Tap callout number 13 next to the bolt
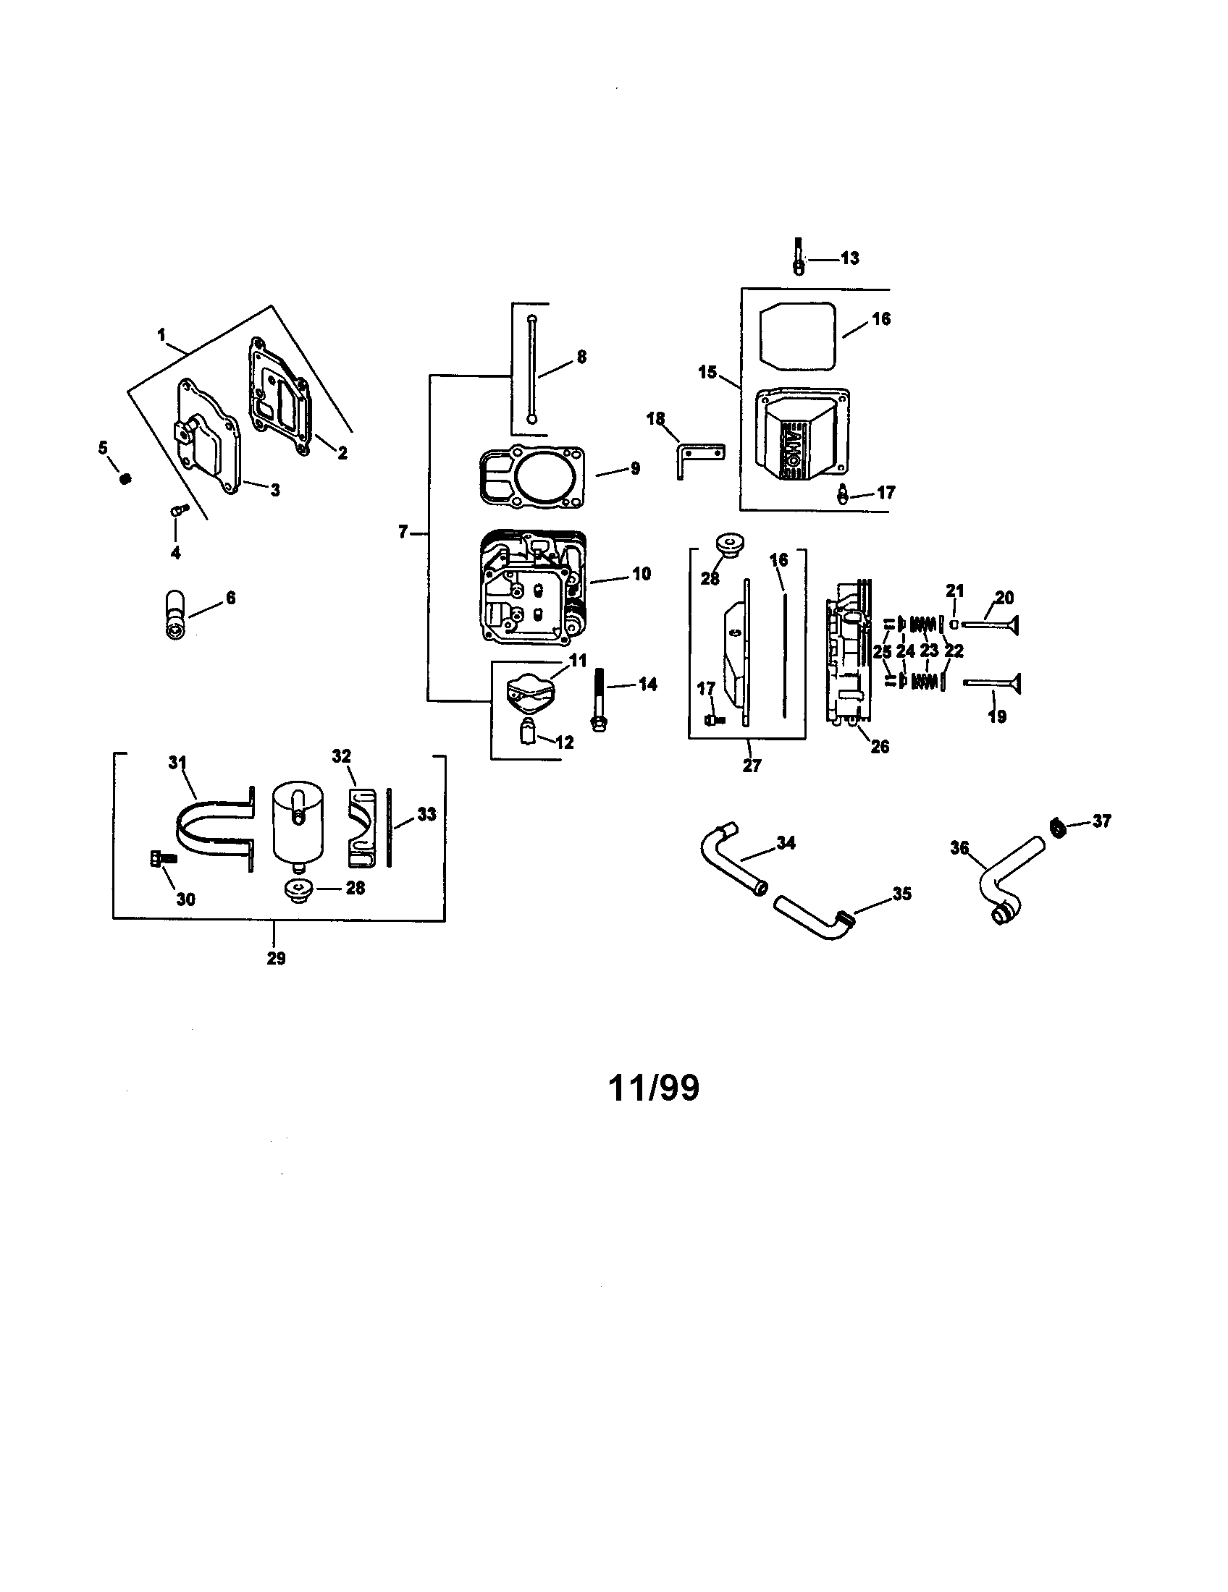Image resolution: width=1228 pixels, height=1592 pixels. click(x=849, y=258)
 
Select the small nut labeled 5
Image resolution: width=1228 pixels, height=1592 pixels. click(x=125, y=479)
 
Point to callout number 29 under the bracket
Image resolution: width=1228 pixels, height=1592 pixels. click(x=276, y=959)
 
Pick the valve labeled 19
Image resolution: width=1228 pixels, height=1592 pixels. click(x=992, y=684)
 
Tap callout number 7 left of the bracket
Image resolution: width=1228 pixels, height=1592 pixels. click(x=403, y=532)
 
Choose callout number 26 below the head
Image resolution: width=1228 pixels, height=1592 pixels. click(x=880, y=748)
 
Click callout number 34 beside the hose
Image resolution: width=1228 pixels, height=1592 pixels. click(x=786, y=842)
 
